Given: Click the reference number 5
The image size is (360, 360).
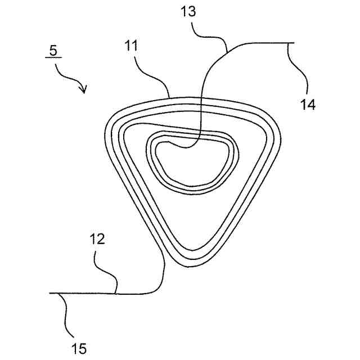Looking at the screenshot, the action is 53,50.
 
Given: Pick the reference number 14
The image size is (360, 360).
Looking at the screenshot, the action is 307,103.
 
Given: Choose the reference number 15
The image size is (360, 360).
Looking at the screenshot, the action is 79,349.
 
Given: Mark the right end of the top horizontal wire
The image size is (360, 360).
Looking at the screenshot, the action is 293,43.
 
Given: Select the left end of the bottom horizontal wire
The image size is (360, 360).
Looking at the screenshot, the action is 51,293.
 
